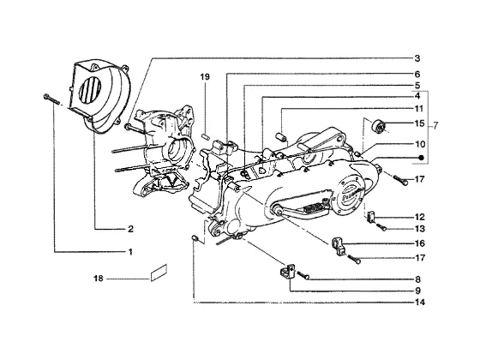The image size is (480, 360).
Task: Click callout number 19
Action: pos(205,77)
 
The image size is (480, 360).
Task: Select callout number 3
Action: pos(417,58)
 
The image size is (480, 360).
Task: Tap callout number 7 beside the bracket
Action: pos(435,125)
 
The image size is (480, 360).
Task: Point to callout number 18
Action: pos(99,279)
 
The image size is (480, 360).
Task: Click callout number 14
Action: pos(420,303)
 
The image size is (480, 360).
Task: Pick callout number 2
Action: pos(130,229)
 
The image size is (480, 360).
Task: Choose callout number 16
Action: pos(420,243)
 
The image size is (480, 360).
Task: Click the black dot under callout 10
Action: pos(421,158)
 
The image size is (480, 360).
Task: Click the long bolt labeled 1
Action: pos(51,99)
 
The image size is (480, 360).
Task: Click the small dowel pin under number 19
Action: pos(205,135)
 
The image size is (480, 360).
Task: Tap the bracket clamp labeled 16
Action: pos(338,245)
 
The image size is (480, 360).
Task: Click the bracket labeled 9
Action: pos(287,271)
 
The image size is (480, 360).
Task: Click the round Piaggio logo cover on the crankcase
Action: pos(350,195)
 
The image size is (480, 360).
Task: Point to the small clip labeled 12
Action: pos(371,216)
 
